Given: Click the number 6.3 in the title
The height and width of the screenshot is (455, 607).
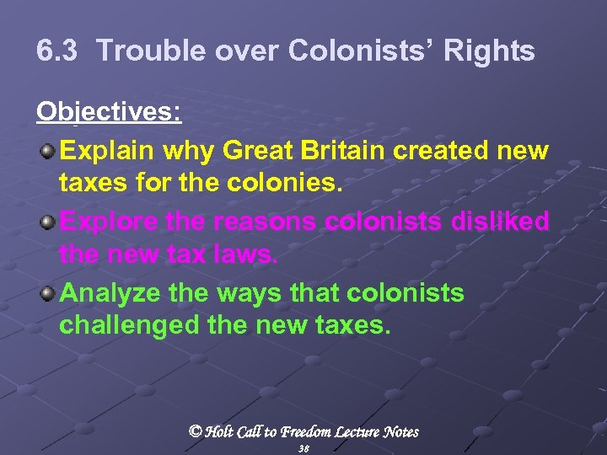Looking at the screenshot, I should pos(58,51).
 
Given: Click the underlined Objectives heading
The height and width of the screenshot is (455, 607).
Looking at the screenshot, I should pos(108,112).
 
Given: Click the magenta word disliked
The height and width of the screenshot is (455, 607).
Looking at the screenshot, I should pos(502,222).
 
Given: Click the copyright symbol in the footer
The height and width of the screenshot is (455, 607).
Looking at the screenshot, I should pos(195,431).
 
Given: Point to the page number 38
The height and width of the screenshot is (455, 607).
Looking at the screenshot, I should pos(303,449).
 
